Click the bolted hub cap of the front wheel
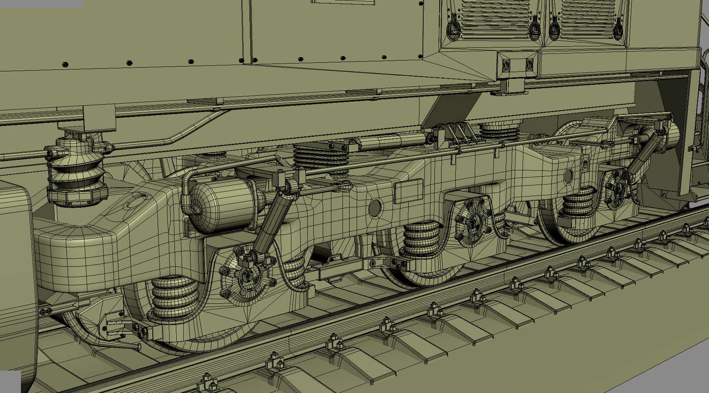click(246, 278)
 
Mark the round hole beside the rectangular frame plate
click(375, 208)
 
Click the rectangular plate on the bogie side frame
click(408, 191)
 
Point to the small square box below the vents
click(516, 64)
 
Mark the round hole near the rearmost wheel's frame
click(569, 175)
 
